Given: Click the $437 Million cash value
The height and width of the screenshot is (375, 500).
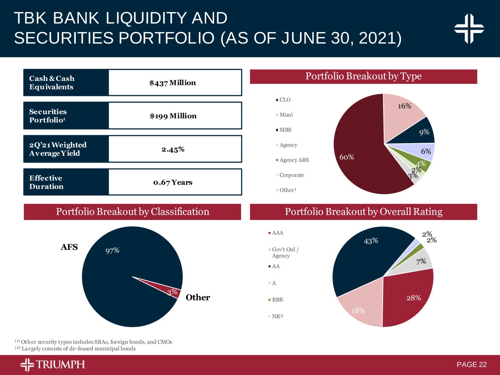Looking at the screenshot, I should tap(173, 83).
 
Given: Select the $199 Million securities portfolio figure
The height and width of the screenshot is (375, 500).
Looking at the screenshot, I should tap(173, 116).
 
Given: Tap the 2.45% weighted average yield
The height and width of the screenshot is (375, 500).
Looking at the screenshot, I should tap(173, 149).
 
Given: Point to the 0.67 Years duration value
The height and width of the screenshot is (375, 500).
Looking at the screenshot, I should tap(173, 182).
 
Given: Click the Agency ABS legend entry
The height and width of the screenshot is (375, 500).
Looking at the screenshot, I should tap(294, 160).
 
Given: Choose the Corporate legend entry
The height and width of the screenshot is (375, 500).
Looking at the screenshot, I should tap(292, 175).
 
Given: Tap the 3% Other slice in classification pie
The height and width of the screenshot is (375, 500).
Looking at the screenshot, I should tap(173, 292).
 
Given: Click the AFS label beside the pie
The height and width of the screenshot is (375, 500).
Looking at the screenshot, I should tap(69, 247).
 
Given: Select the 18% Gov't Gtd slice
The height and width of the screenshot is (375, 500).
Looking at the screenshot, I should tap(361, 309).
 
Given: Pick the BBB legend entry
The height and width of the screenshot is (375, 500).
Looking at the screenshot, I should tap(277, 300).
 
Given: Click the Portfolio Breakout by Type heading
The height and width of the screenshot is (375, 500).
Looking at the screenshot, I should tap(363, 77).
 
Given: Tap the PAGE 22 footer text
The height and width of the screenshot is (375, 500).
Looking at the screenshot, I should tap(472, 365).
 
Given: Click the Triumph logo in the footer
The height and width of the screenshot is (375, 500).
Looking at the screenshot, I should tap(53, 365).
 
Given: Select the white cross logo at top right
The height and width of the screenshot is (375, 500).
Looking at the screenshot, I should tap(469, 29).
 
